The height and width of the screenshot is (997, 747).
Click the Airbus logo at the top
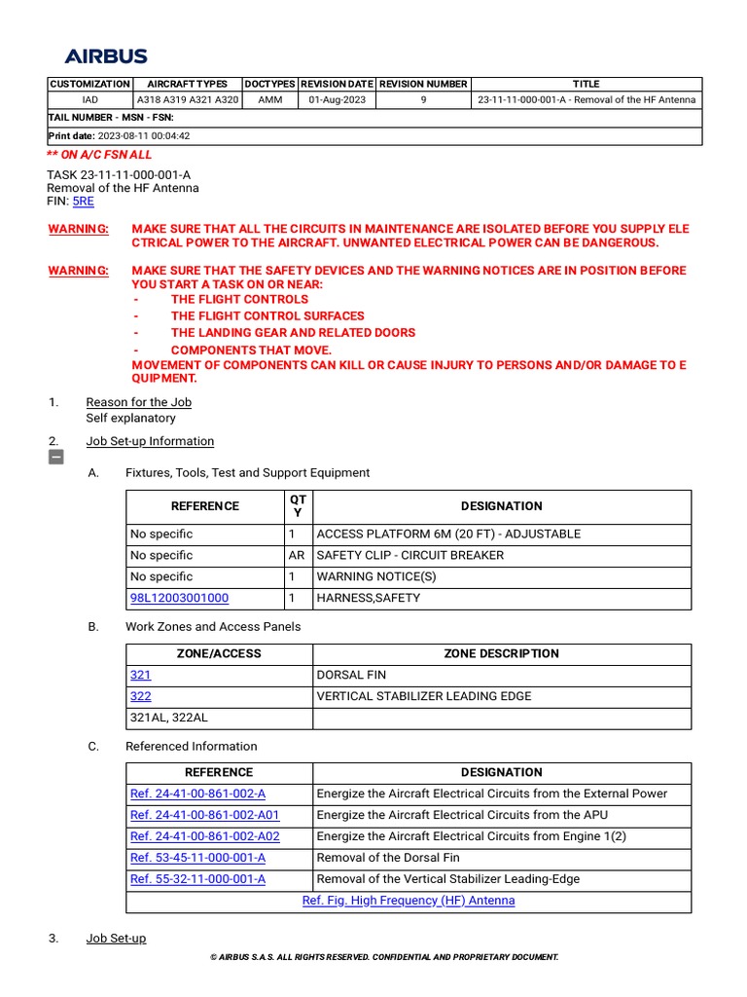[106, 56]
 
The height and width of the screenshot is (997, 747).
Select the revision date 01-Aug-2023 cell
[337, 100]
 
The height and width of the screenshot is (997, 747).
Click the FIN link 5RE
[84, 201]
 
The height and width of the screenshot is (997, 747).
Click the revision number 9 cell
[423, 100]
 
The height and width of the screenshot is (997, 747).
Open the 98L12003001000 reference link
[180, 598]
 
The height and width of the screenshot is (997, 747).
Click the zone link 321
[140, 675]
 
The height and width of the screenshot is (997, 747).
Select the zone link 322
[140, 696]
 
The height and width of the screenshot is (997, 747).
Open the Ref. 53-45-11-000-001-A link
[197, 858]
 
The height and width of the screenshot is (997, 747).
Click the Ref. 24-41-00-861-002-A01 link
[204, 815]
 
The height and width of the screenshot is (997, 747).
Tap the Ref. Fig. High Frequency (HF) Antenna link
[409, 901]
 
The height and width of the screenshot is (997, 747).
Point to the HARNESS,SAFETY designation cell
[369, 598]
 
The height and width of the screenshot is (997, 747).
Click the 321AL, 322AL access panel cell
[168, 718]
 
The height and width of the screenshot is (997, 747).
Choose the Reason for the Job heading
[138, 402]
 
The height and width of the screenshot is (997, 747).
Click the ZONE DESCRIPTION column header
[501, 653]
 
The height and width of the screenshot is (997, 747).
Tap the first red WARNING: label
[78, 229]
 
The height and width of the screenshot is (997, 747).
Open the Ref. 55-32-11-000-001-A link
[197, 879]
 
